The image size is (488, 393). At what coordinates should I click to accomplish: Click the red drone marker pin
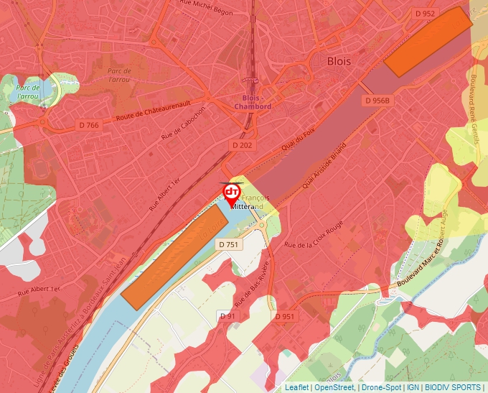(x=232, y=193)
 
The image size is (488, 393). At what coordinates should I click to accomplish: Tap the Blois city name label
(x=339, y=61)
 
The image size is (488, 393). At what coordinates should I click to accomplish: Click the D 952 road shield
(x=425, y=13)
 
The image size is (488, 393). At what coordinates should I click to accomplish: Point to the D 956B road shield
(x=377, y=101)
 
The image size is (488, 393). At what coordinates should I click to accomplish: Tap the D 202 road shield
(x=243, y=145)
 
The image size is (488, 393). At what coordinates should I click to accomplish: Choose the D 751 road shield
(x=227, y=244)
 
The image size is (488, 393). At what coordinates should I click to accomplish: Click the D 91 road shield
(x=227, y=315)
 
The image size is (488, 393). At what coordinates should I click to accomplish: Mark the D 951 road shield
(x=284, y=315)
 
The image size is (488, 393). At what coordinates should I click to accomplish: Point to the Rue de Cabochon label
(x=183, y=123)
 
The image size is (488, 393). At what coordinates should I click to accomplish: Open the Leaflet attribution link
(x=296, y=387)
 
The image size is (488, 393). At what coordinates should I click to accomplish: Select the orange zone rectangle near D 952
(x=428, y=41)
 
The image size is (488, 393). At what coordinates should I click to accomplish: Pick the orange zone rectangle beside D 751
(x=174, y=255)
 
